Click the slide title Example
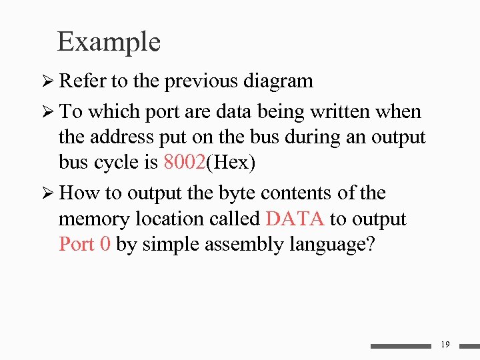pos(109,41)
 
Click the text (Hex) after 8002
pos(232,163)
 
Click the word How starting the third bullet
pos(79,193)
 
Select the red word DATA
pos(295,219)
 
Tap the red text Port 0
pos(85,244)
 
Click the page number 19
pos(445,344)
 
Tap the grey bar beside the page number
pos(401,346)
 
